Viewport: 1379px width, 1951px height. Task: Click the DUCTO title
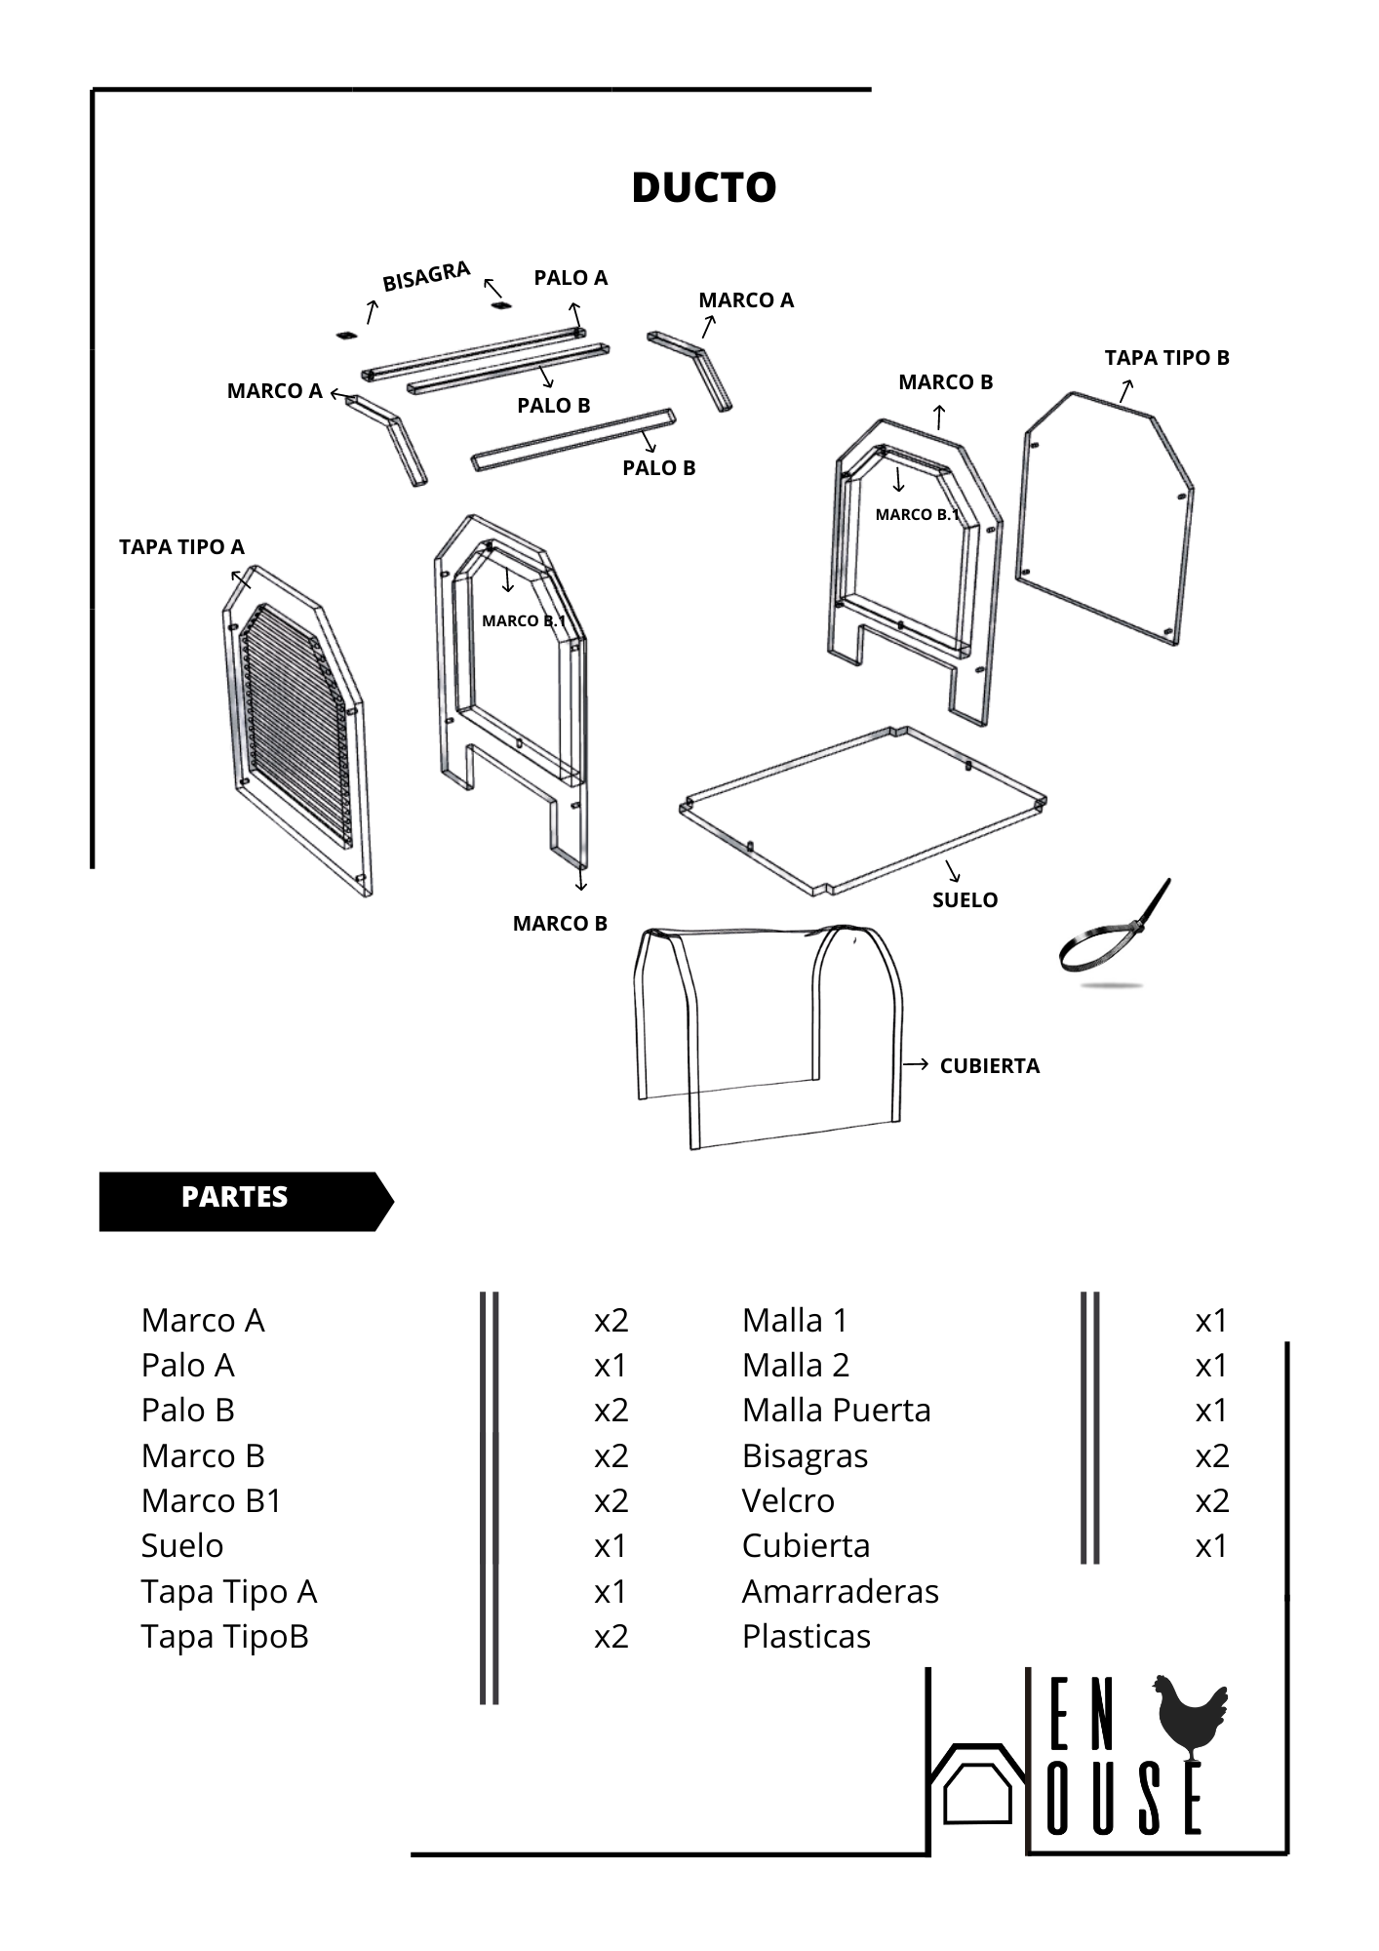click(x=703, y=187)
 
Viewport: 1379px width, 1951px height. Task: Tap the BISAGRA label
click(x=426, y=276)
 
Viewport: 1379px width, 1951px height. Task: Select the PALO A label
click(x=571, y=278)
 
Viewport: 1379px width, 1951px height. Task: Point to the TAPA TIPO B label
click(x=1166, y=358)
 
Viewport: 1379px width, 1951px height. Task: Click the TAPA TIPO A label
click(x=181, y=547)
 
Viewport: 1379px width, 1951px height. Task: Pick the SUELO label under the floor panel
click(x=965, y=900)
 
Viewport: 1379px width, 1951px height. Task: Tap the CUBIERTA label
click(x=989, y=1066)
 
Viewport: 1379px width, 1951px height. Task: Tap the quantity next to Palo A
click(x=611, y=1366)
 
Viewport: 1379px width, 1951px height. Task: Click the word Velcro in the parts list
click(x=788, y=1500)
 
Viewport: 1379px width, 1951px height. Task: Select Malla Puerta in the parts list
click(x=836, y=1411)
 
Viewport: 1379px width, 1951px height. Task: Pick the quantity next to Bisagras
click(x=1211, y=1455)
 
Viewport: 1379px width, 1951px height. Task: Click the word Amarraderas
click(x=840, y=1591)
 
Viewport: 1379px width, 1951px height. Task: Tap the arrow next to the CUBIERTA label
click(x=915, y=1064)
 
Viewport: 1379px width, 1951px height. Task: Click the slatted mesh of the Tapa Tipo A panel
click(x=293, y=722)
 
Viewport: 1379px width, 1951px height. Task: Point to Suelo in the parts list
click(x=182, y=1546)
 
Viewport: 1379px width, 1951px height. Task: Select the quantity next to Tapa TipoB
click(x=611, y=1636)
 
